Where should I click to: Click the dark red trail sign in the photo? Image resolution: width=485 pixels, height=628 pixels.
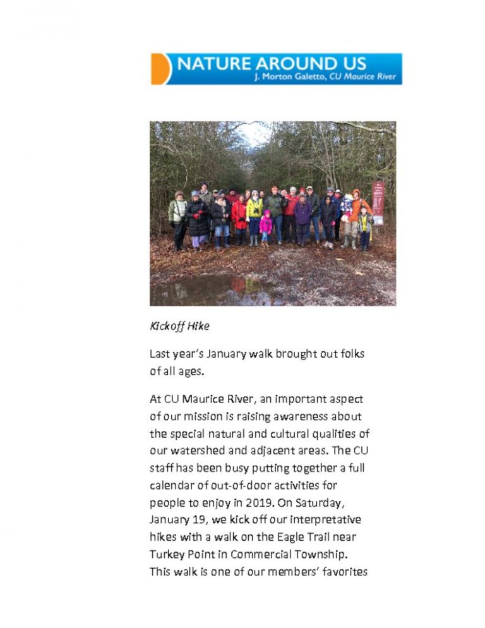(x=378, y=203)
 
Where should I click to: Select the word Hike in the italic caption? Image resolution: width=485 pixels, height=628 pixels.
(x=198, y=327)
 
